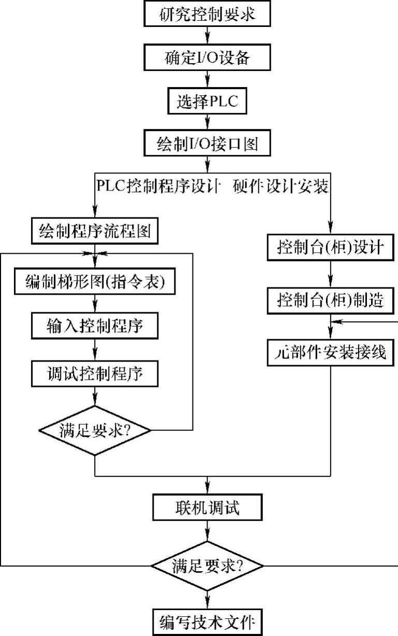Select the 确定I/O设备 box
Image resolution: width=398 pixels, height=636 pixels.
(x=207, y=57)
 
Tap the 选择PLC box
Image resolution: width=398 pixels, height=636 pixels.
(x=207, y=100)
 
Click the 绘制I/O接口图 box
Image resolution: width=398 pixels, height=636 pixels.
(x=207, y=143)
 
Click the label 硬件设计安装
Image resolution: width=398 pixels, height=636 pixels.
(x=282, y=185)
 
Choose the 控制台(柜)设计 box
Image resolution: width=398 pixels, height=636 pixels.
(x=331, y=247)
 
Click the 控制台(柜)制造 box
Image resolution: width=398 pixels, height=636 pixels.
(x=331, y=299)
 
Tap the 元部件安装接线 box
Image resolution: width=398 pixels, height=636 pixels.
(x=331, y=353)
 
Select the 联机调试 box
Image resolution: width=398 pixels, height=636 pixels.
(x=207, y=508)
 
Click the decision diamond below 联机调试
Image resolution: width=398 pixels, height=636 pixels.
(x=207, y=566)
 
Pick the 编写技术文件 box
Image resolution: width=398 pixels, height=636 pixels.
(x=207, y=620)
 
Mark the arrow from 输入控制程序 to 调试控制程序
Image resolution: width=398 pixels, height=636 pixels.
(x=95, y=349)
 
